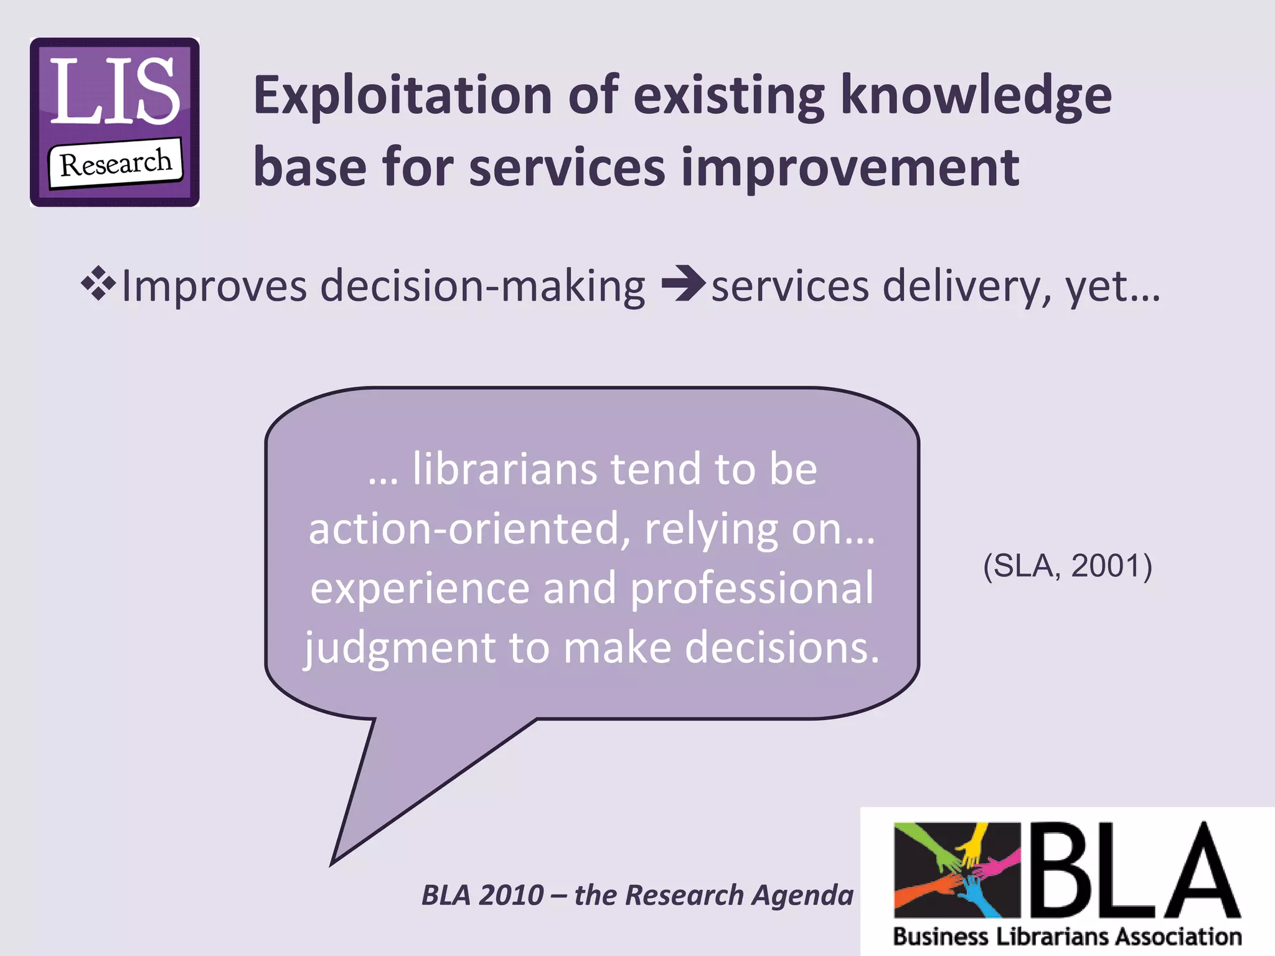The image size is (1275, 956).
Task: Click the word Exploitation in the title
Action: (x=403, y=96)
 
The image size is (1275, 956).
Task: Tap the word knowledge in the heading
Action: (x=976, y=96)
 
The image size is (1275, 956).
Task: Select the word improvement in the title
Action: (x=850, y=168)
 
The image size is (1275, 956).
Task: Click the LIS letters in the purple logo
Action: (x=115, y=91)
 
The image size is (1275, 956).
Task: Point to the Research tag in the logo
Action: (x=116, y=164)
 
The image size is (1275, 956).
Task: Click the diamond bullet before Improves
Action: (x=98, y=284)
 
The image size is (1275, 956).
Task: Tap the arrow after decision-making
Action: (x=683, y=284)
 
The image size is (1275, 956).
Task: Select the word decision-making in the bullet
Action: (x=482, y=286)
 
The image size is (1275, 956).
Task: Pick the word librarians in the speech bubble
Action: (x=504, y=469)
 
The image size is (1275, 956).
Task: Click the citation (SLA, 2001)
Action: (x=1068, y=566)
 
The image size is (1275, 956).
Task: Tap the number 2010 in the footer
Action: (x=512, y=895)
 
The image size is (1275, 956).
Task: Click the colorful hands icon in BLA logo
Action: (x=957, y=869)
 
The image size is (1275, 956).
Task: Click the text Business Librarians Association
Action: (x=1067, y=937)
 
